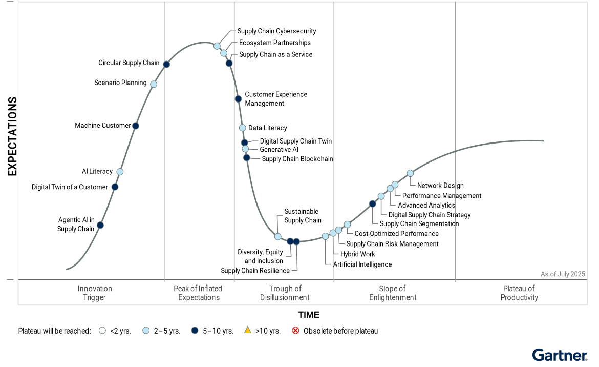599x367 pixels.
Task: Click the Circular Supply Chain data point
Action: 166,64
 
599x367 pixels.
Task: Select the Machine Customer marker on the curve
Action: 136,126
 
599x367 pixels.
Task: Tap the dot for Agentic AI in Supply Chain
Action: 100,225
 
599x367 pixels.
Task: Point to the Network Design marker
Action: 410,173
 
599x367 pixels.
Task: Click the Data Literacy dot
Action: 243,128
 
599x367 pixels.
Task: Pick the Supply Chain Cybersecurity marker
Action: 217,46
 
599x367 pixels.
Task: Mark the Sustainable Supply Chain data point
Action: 278,236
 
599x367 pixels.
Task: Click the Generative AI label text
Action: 279,150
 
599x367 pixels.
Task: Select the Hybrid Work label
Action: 358,254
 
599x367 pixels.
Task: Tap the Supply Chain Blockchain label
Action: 297,159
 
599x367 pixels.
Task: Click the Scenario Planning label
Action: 120,83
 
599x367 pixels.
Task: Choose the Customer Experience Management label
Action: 276,99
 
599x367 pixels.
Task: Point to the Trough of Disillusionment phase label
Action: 285,293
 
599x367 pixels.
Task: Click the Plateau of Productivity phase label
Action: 519,293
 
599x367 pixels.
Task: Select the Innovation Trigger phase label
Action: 95,293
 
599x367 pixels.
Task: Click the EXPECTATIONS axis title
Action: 13,136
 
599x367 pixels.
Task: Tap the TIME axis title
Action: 309,315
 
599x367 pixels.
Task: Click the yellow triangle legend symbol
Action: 247,331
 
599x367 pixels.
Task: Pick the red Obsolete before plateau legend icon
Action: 295,331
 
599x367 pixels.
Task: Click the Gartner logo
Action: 560,355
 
